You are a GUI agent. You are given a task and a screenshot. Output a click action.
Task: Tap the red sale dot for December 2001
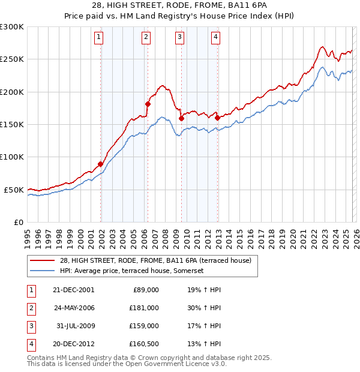pos(101,164)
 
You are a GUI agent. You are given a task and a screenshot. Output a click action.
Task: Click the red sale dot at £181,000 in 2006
pos(148,104)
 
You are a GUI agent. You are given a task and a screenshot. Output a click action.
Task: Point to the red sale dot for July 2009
pos(181,118)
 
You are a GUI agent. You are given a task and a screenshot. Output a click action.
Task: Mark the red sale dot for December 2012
pos(217,118)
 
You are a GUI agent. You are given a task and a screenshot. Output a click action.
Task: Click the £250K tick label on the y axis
pos(12,59)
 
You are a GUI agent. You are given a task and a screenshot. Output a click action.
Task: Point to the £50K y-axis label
pos(14,190)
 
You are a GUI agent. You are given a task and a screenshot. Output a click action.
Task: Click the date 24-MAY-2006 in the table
pos(74,307)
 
